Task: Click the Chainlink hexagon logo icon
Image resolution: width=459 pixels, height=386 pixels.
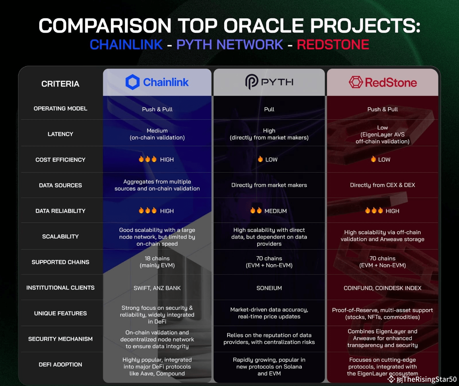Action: (x=133, y=82)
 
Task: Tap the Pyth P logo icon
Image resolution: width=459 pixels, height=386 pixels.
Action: (x=252, y=82)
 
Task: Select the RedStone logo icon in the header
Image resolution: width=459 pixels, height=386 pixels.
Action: (x=356, y=82)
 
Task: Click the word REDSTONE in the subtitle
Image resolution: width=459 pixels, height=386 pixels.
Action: (x=333, y=45)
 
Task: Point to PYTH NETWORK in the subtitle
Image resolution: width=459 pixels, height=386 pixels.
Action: (x=229, y=45)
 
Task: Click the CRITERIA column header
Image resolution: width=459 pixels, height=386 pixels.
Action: (x=60, y=84)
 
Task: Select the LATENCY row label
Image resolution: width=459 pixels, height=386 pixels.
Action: (x=60, y=134)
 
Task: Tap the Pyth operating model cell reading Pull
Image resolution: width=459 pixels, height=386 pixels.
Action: (x=269, y=109)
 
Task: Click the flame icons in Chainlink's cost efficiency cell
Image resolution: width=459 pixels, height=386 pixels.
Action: (x=147, y=159)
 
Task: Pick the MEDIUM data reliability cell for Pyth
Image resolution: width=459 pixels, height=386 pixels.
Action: (x=269, y=211)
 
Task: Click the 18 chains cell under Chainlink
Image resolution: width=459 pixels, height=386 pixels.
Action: (x=157, y=262)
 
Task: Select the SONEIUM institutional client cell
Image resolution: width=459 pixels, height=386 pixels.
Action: (x=269, y=288)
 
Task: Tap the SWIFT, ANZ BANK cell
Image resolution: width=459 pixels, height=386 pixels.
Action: (x=157, y=288)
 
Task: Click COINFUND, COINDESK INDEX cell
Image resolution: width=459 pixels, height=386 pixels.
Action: (x=382, y=288)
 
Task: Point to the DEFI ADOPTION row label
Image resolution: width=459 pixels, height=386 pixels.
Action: (x=60, y=364)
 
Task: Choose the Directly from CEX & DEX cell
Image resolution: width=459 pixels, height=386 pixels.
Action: (x=382, y=185)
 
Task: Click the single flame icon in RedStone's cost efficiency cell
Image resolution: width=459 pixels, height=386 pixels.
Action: (x=373, y=159)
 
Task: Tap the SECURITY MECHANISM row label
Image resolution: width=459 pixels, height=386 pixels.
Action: (x=60, y=339)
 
